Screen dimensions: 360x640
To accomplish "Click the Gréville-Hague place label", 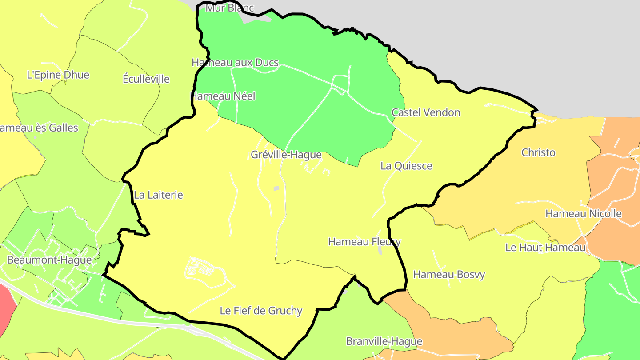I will click(x=286, y=155).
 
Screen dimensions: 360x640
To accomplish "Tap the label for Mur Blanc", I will click(x=229, y=8).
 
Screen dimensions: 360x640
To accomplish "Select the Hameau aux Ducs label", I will click(x=235, y=63).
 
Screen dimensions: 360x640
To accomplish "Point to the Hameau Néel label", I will click(x=223, y=96).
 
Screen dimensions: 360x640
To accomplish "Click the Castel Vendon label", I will click(x=426, y=112).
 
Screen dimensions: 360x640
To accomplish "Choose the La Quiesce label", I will click(x=406, y=166).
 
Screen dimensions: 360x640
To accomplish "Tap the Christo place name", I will click(x=538, y=152).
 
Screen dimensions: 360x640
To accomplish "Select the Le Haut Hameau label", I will click(x=545, y=248).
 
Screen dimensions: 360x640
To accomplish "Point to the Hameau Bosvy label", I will click(x=449, y=274).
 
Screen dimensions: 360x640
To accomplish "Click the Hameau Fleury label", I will click(x=364, y=242).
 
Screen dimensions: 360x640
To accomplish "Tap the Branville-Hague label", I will click(x=384, y=341).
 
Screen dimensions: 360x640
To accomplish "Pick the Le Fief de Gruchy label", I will click(x=261, y=311).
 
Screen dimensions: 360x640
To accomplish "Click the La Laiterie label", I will click(x=158, y=195).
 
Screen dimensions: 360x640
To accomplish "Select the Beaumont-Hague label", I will click(x=49, y=260).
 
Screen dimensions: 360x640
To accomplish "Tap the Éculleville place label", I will click(x=146, y=79).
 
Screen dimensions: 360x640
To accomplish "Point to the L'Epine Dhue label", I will click(x=58, y=75).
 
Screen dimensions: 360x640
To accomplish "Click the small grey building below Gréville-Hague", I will click(x=276, y=188).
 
